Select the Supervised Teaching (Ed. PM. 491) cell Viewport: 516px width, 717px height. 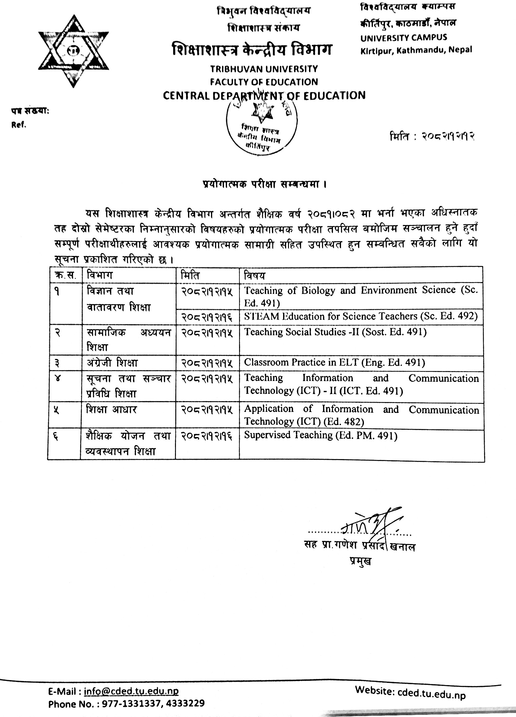click(x=321, y=435)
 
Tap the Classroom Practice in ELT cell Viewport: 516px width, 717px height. click(x=335, y=362)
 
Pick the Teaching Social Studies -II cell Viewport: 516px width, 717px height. click(x=335, y=332)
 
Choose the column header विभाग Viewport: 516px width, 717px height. click(x=99, y=275)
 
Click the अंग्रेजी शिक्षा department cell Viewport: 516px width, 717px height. click(x=112, y=363)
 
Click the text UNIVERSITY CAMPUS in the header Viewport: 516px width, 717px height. click(x=404, y=38)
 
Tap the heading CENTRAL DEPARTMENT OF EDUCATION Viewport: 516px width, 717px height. click(x=264, y=95)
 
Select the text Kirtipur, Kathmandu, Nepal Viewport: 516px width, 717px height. click(x=416, y=50)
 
